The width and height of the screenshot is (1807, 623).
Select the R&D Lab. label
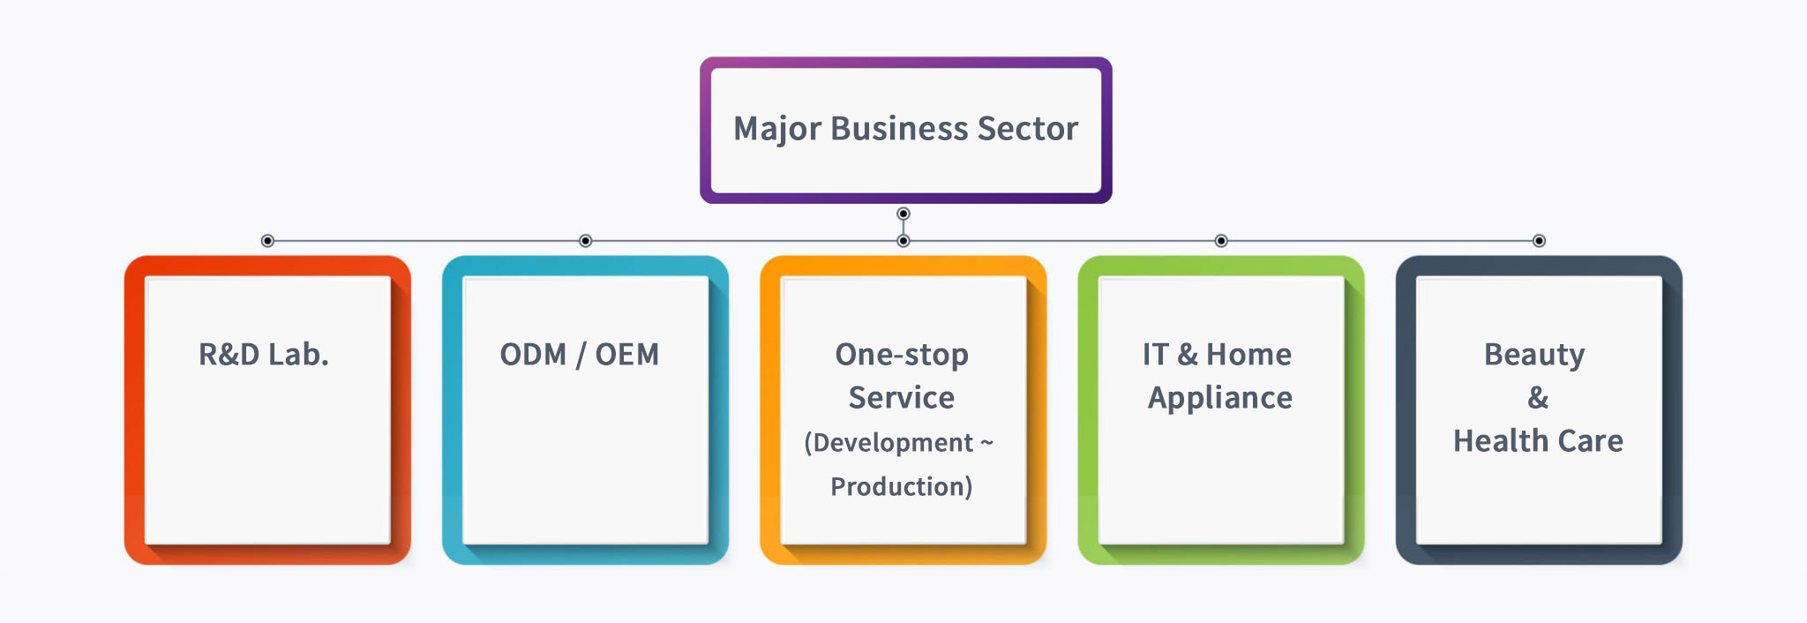point(264,354)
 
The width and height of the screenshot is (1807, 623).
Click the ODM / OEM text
point(579,354)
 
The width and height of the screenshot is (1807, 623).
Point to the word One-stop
point(902,355)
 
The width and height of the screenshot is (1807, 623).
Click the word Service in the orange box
point(902,398)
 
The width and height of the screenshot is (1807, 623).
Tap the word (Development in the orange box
point(889,443)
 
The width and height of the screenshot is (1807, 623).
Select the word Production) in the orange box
point(902,486)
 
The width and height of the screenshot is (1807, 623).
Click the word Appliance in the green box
point(1220,399)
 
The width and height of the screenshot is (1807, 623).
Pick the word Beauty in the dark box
point(1534,356)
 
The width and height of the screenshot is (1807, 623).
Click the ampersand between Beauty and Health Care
point(1538,398)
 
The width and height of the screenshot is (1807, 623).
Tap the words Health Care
point(1538,440)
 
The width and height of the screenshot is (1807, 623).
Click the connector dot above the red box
point(267,241)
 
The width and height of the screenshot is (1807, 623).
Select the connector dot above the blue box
point(585,241)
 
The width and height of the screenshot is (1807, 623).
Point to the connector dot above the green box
point(1221,241)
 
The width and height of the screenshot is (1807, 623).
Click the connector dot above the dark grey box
point(1539,241)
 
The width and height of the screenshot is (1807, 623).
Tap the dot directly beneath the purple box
point(903,214)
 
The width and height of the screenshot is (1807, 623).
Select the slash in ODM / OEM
point(581,355)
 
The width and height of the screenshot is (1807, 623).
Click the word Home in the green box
point(1248,354)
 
